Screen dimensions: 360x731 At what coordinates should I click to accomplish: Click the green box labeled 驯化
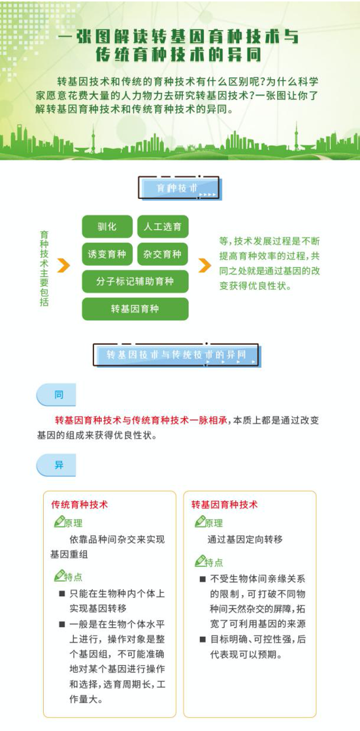tap(107, 226)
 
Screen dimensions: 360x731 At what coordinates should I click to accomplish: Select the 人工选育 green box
tap(163, 226)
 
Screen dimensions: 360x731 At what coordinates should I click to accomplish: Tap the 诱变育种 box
tap(107, 254)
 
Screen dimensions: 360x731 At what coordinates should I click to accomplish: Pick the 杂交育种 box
tap(163, 254)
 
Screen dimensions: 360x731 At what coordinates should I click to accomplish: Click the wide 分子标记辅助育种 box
tap(135, 281)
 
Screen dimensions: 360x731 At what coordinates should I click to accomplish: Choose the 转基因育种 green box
tap(135, 308)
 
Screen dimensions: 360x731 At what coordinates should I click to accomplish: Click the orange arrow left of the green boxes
tap(64, 265)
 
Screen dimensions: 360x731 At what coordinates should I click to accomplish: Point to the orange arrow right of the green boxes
tap(205, 265)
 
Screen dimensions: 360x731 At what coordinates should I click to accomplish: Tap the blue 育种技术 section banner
tap(179, 188)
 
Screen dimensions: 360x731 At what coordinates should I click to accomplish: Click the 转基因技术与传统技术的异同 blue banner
tap(177, 355)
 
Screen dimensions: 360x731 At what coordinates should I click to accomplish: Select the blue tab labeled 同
tap(56, 395)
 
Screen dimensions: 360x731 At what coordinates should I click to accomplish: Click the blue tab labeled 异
tap(56, 465)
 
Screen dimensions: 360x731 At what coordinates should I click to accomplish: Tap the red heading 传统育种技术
tap(79, 505)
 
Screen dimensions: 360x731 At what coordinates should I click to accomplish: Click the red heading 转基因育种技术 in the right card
tap(225, 505)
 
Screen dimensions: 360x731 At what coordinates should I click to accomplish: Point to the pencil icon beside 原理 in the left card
tap(59, 521)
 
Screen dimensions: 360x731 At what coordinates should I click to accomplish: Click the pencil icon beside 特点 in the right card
tap(200, 561)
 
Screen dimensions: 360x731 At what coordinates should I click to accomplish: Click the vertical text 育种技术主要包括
tap(44, 268)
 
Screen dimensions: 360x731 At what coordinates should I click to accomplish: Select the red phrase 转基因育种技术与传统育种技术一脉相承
tap(141, 420)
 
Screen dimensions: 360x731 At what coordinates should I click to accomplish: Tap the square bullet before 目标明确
tap(203, 639)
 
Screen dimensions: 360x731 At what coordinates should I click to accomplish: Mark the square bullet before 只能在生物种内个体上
tap(62, 594)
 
